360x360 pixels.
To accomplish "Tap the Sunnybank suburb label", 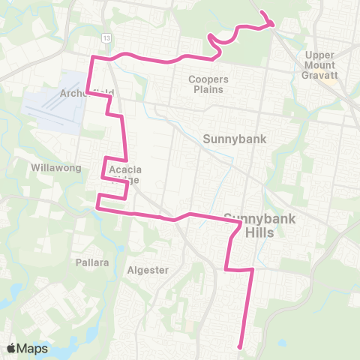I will coord(229,138).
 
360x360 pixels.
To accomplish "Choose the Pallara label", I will coord(92,262).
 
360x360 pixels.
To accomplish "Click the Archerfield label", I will coord(88,93).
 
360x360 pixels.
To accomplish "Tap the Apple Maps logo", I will coord(11,348).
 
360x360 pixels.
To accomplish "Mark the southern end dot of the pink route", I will coord(239,346).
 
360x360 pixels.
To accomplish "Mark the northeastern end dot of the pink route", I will coord(262,13).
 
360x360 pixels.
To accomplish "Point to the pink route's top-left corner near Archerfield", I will coord(92,58).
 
